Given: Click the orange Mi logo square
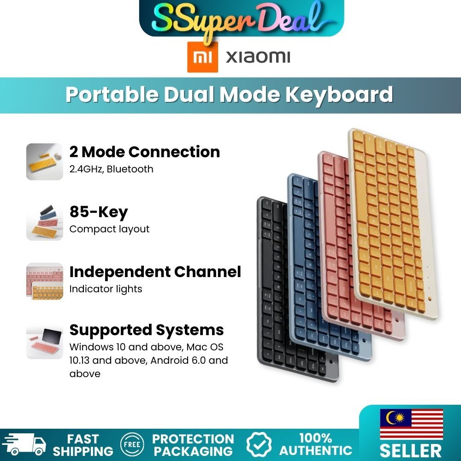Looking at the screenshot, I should coord(202,57).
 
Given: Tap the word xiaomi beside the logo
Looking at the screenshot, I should coord(258,57).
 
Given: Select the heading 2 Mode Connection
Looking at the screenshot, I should coord(144,152).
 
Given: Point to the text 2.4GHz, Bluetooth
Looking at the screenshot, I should coord(111,169).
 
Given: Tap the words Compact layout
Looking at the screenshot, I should coord(109,229).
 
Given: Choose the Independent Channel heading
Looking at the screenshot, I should coord(155,272).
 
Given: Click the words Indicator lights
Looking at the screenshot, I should coord(106,289).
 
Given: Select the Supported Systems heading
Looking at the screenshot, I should coord(146,330).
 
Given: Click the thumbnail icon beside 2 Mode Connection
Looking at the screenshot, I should coord(45,161).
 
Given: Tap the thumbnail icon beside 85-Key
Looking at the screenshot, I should coord(45,222).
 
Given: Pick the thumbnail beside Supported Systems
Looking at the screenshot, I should coord(45,341).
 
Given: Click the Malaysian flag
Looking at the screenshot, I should coord(411,424).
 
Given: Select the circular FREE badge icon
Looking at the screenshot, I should coord(132,445).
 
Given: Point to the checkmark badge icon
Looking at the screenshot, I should coord(259,445).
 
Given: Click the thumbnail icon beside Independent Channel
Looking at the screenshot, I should coord(45,282).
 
